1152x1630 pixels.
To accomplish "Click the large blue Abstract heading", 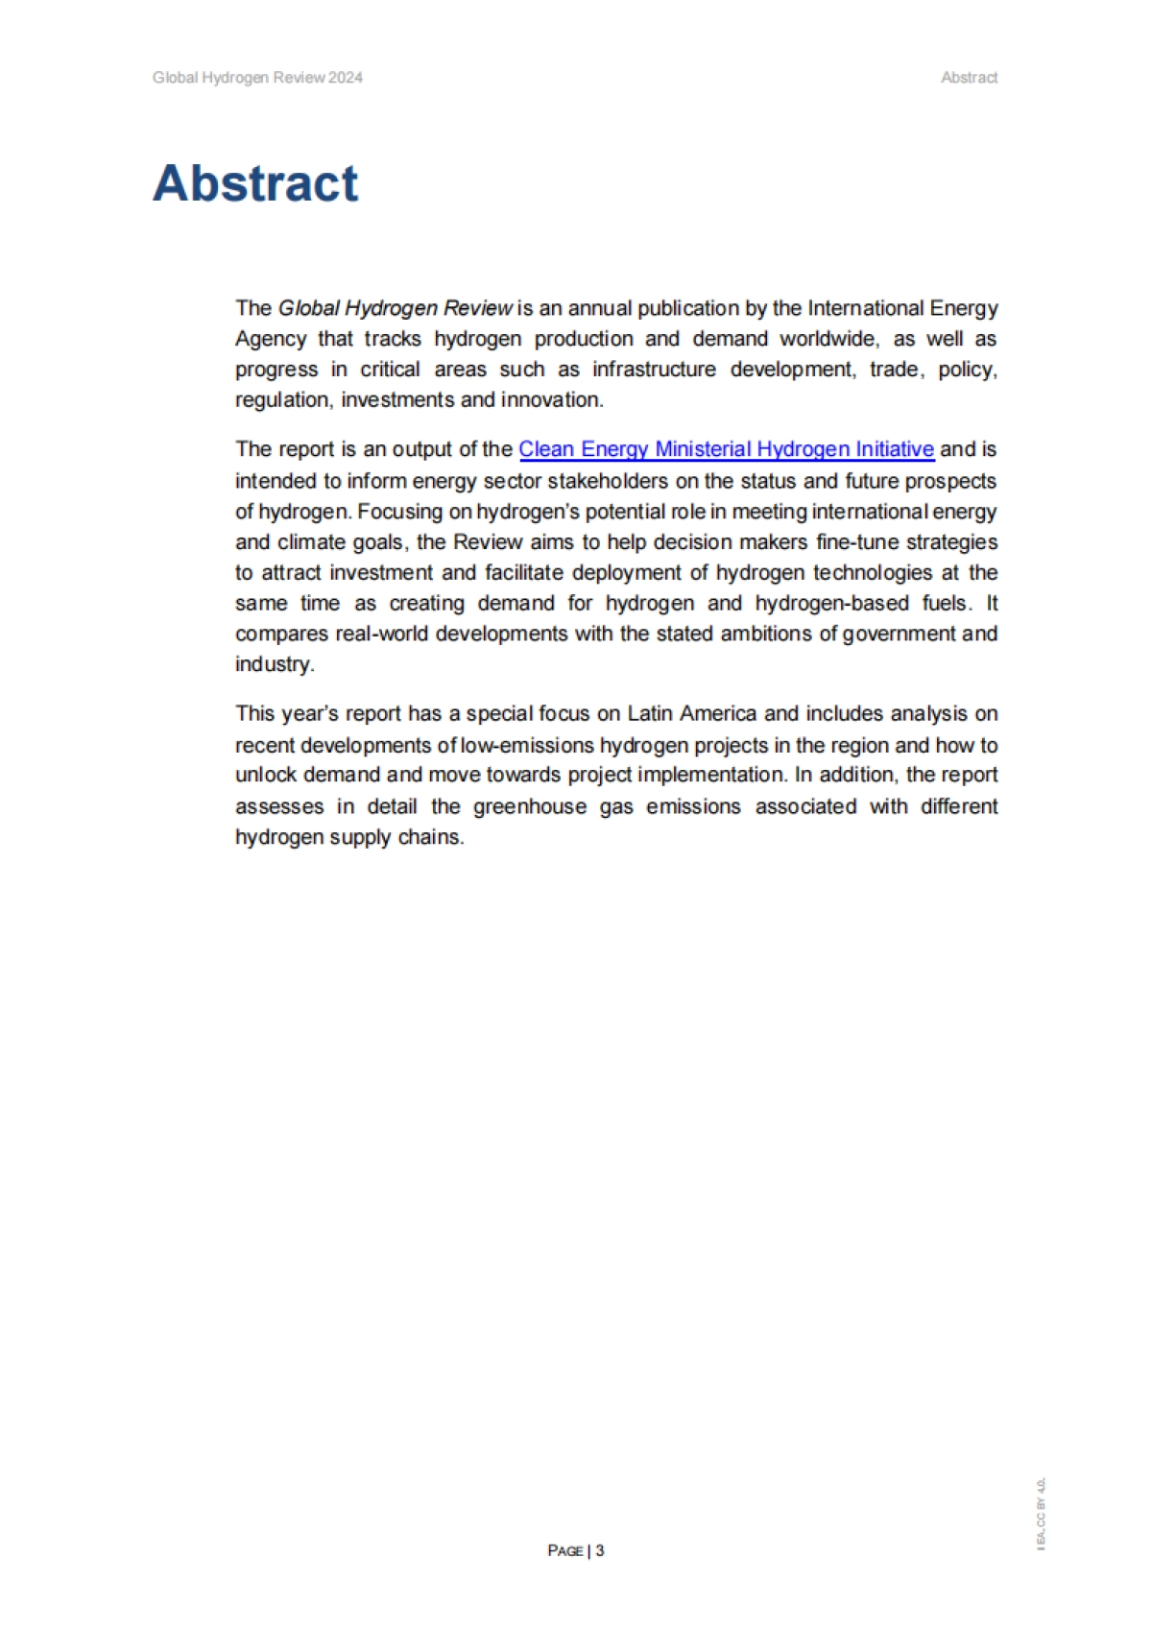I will (255, 182).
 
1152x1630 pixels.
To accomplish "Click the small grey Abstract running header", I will (969, 78).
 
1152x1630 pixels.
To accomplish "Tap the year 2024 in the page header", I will (346, 78).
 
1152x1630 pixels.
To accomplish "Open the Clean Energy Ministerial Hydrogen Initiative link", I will (726, 449).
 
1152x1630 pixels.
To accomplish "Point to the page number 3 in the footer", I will (600, 1550).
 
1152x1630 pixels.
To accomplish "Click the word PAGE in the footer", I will (565, 1551).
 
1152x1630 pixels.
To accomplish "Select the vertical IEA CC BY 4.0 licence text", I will (1042, 1513).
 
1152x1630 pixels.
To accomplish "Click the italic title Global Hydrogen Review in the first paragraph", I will (395, 308).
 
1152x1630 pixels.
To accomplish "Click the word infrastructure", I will (654, 370).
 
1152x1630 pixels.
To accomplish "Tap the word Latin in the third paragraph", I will (650, 714).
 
